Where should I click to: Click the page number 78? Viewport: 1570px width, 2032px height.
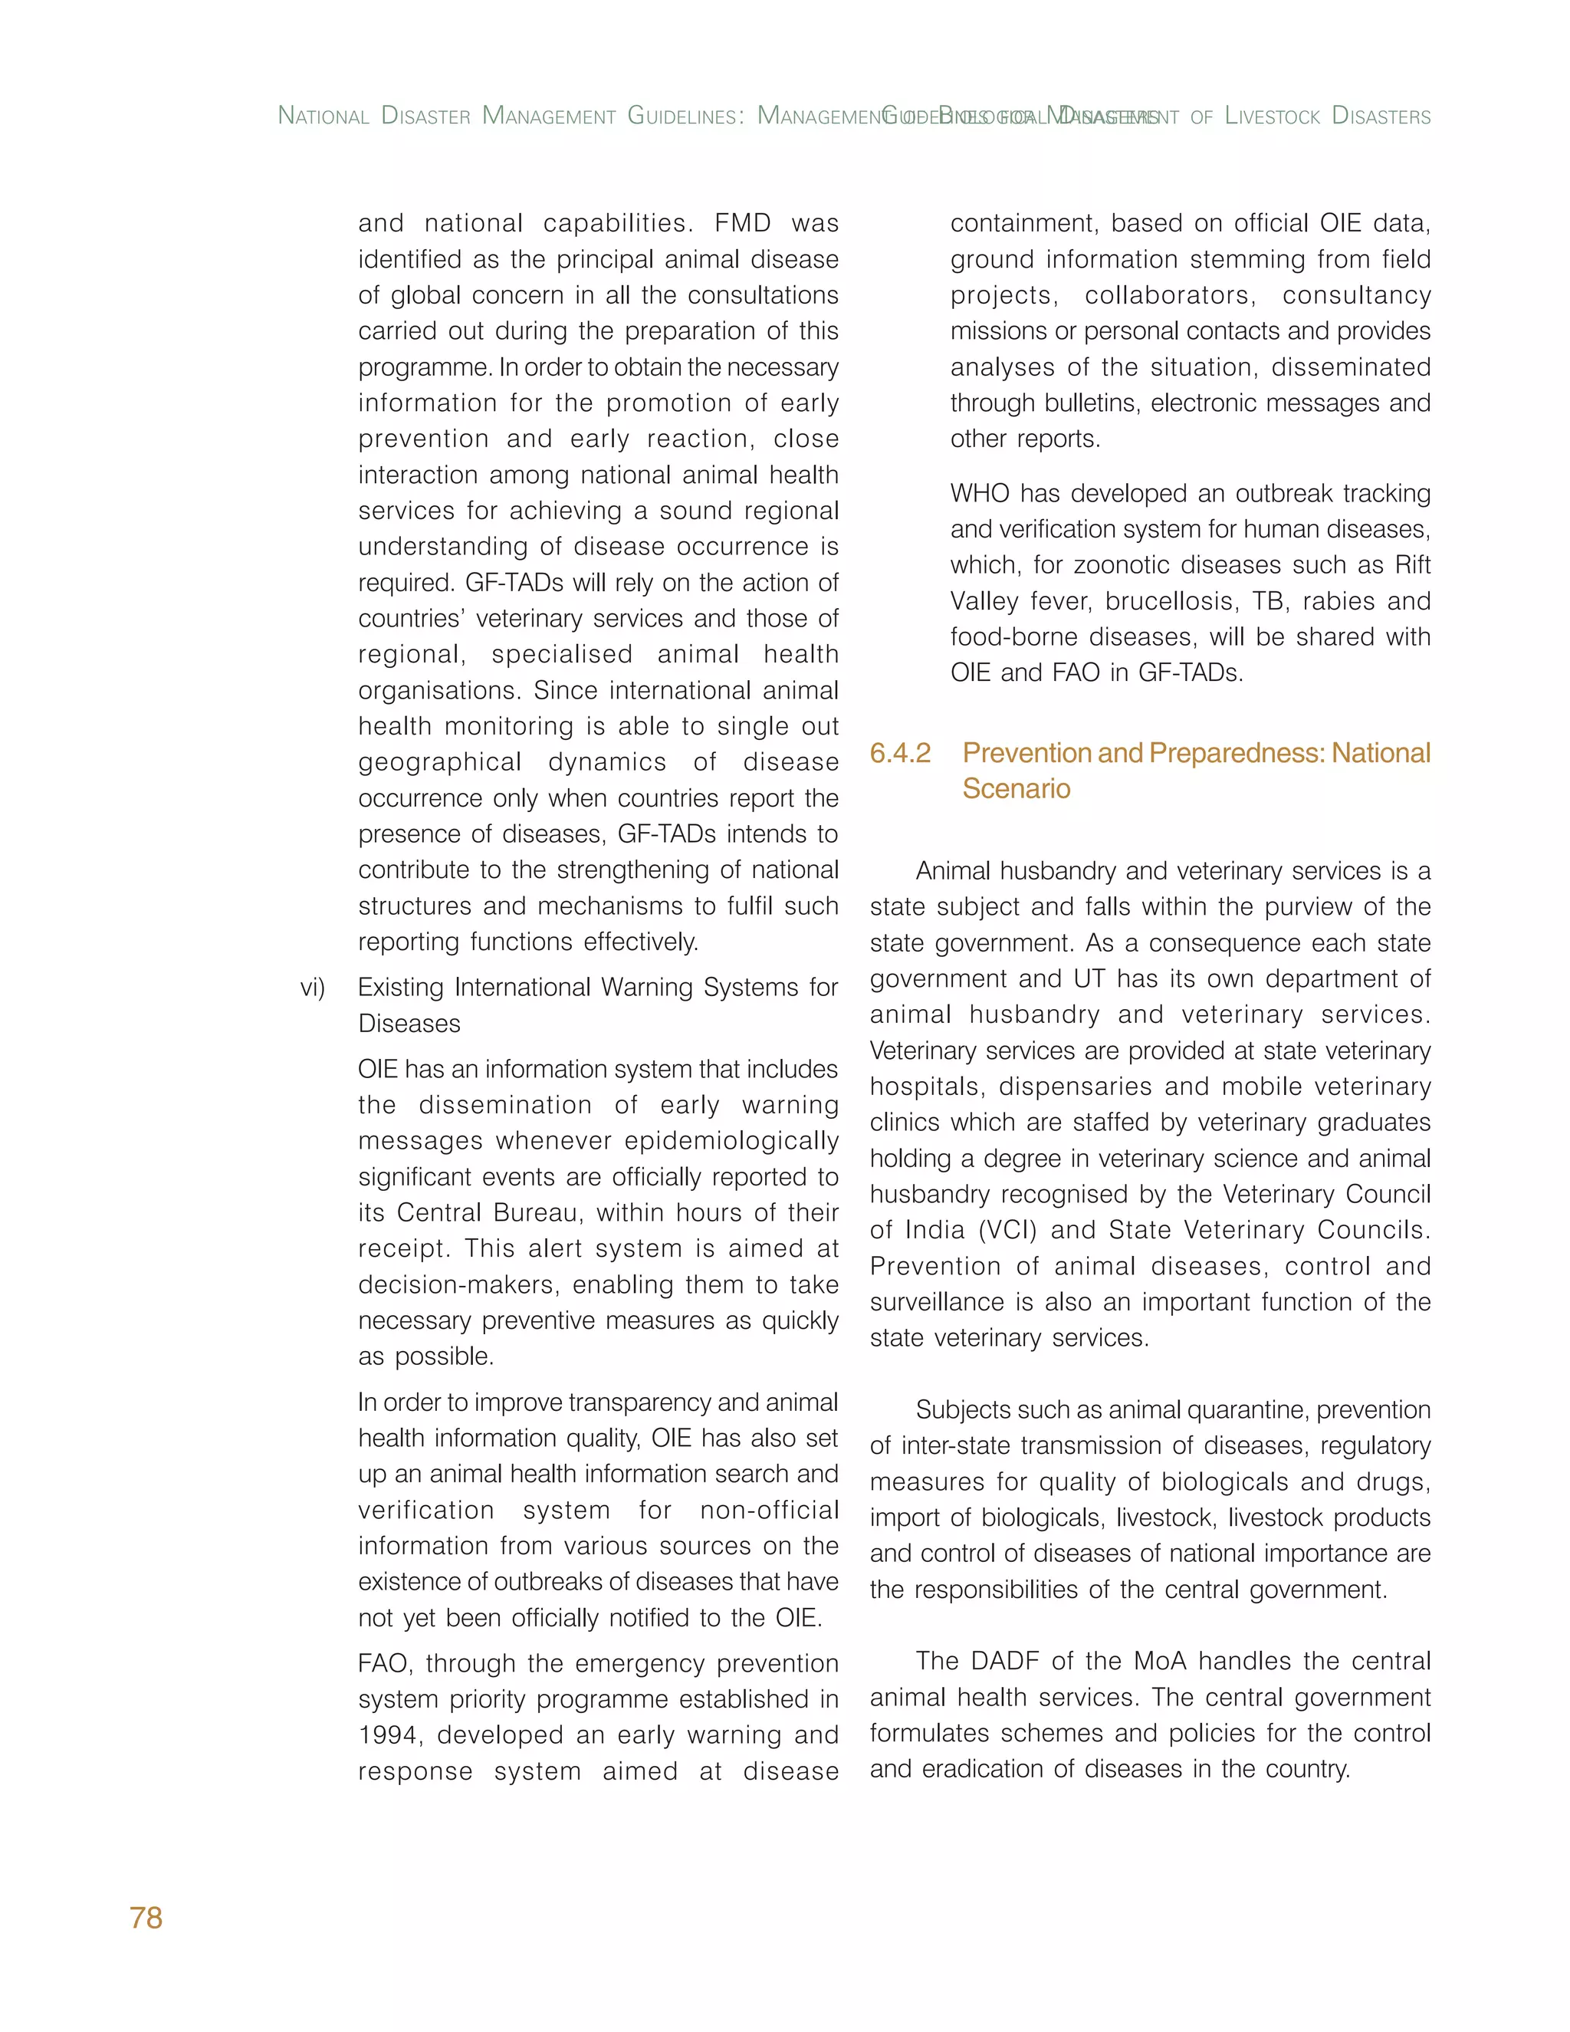(x=146, y=1918)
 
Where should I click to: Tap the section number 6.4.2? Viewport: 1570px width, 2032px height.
(x=899, y=753)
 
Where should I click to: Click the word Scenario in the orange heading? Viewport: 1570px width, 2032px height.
(x=1016, y=789)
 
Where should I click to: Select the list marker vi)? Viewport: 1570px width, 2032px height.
(x=313, y=987)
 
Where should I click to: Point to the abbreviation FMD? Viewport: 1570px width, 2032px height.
(x=742, y=223)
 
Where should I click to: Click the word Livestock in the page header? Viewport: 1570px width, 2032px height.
(x=1273, y=117)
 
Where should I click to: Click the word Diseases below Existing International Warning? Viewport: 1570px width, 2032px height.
(x=409, y=1024)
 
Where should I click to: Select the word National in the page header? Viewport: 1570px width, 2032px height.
(x=324, y=117)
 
